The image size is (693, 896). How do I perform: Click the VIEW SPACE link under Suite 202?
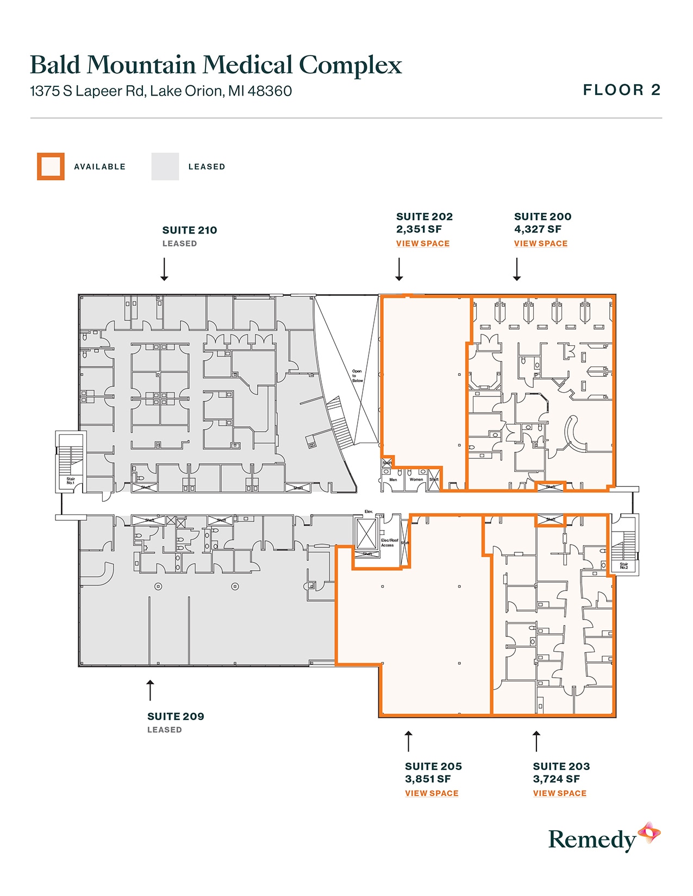422,243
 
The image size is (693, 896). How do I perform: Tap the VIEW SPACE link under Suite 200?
540,243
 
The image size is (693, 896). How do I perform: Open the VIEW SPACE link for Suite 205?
431,793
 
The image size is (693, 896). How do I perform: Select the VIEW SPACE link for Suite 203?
559,793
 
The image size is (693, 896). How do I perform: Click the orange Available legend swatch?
51,166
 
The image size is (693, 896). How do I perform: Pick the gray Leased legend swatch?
165,166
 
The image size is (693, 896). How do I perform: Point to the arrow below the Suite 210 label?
164,269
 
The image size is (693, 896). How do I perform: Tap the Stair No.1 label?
71,481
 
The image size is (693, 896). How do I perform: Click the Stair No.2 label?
623,566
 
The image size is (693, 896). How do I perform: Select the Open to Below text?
357,376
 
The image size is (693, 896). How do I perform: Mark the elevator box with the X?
366,533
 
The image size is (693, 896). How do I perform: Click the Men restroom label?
393,479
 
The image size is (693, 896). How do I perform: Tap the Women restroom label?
416,479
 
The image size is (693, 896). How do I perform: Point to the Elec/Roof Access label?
389,542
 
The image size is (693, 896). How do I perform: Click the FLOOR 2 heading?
621,90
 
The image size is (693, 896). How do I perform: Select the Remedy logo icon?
649,833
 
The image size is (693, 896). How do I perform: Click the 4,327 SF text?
537,229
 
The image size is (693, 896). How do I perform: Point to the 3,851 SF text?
427,779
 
